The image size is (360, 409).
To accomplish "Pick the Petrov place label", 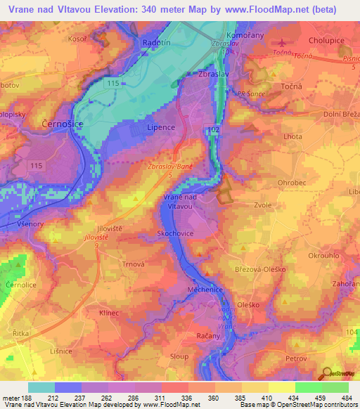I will (299, 359).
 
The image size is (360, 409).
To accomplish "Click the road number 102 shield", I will (212, 130).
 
